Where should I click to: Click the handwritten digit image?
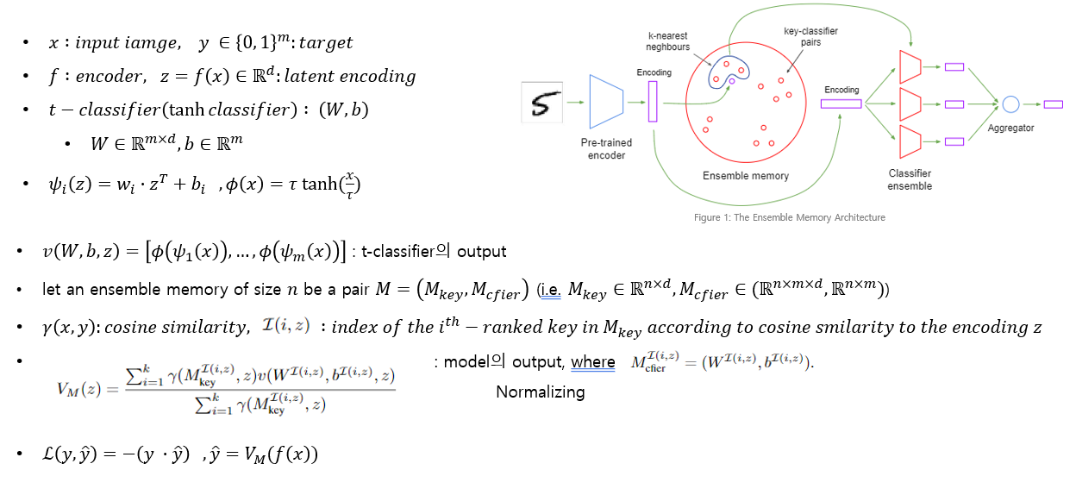click(x=542, y=102)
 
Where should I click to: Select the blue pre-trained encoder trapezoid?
click(x=605, y=102)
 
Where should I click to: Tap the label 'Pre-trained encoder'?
click(x=606, y=148)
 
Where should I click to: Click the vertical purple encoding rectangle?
click(x=653, y=102)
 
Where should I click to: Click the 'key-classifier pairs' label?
click(x=810, y=37)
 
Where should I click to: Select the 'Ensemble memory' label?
click(x=746, y=176)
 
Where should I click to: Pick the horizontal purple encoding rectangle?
click(x=841, y=104)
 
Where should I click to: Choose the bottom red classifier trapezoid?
click(x=910, y=141)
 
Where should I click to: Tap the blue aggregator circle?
click(x=1010, y=104)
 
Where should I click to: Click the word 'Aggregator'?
click(x=1010, y=128)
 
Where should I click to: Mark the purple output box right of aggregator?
click(x=1053, y=104)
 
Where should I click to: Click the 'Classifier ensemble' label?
click(x=910, y=179)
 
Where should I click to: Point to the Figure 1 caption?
click(x=789, y=217)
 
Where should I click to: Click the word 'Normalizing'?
click(x=540, y=392)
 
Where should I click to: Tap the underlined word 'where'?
click(x=593, y=362)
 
